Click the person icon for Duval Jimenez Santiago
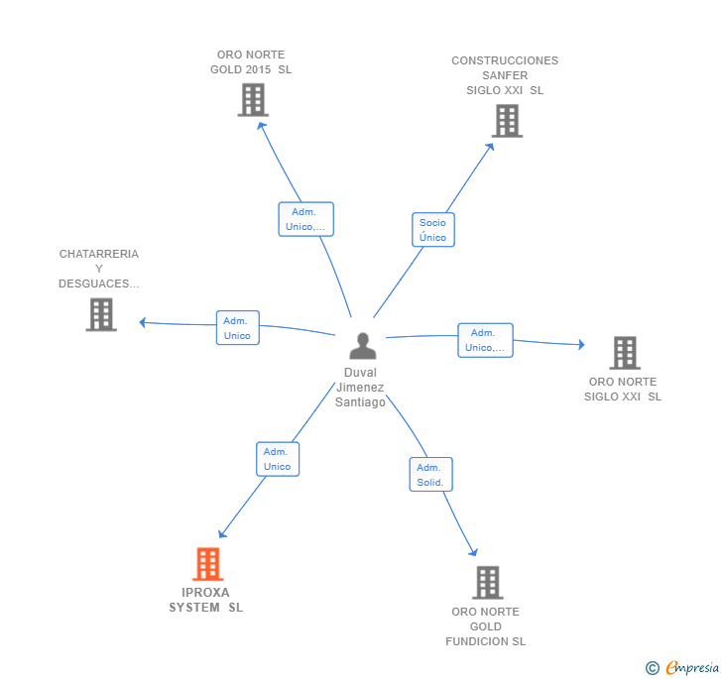363,346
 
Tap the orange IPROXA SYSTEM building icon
207,564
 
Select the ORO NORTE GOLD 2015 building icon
253,100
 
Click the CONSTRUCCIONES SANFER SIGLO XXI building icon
507,121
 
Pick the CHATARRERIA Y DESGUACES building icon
101,314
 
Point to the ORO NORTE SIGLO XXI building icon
624,353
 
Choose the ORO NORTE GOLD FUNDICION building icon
487,583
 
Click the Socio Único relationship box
432,230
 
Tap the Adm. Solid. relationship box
430,475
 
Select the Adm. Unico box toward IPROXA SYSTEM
277,459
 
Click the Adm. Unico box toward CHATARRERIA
237,328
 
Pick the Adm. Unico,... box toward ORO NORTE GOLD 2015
305,219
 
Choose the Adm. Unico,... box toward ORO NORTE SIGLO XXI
485,340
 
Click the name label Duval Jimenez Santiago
360,388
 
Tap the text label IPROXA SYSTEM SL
205,600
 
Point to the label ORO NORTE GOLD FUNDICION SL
485,626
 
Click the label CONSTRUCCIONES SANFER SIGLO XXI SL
505,75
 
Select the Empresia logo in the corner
691,667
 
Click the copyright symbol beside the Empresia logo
653,668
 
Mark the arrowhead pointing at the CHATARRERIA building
143,322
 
